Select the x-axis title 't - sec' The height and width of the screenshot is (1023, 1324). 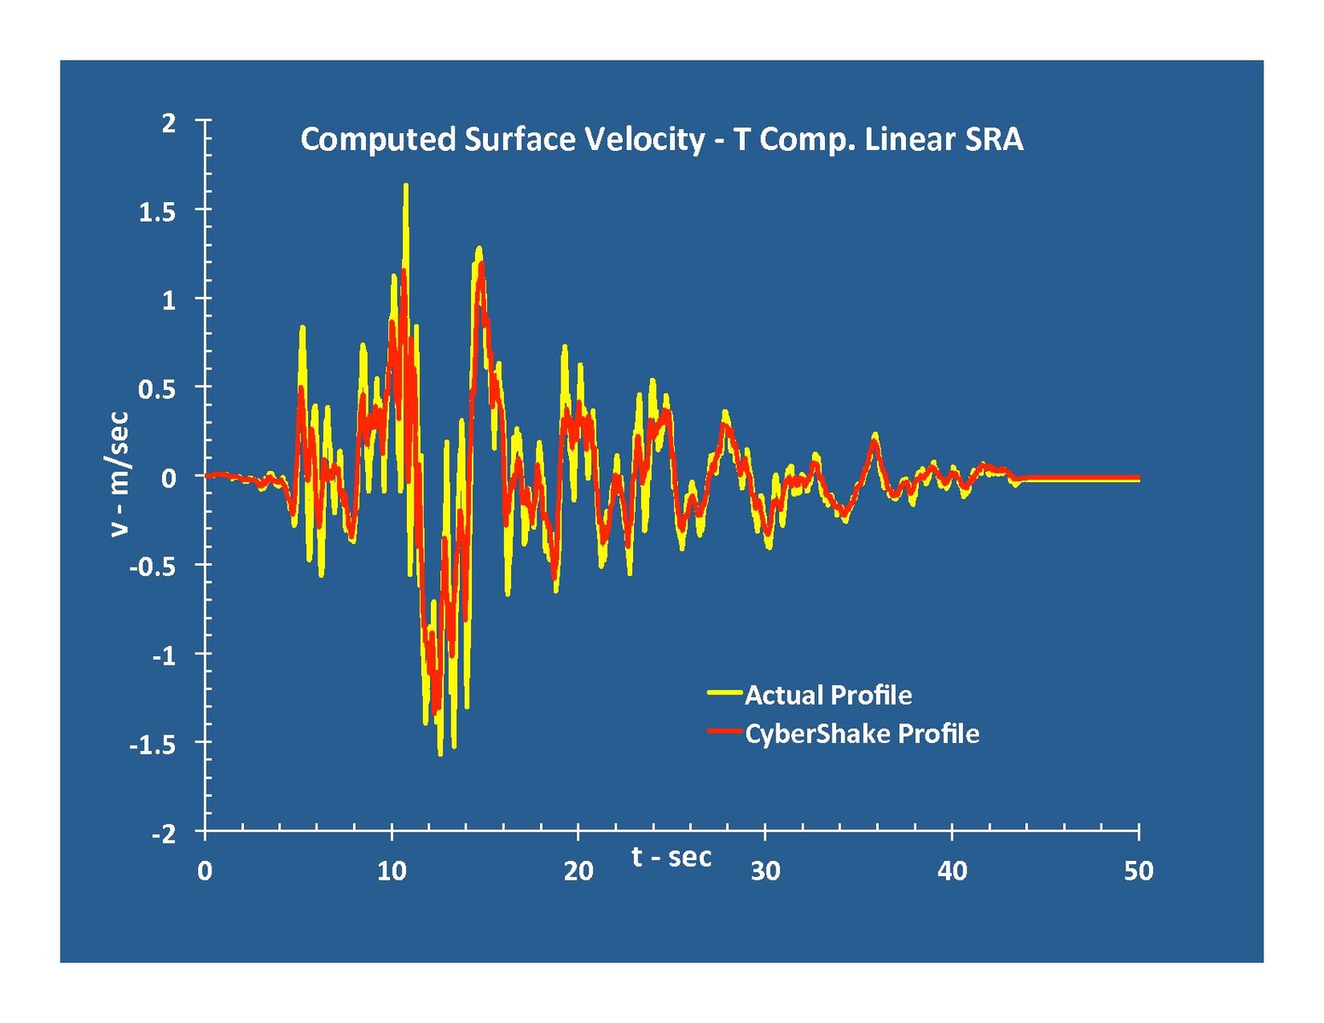click(671, 856)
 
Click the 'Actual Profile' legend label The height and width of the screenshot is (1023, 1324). click(827, 695)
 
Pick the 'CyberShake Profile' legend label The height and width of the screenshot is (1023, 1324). click(862, 734)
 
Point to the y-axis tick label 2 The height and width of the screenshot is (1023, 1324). click(169, 123)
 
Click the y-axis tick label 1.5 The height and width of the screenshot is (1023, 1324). click(157, 212)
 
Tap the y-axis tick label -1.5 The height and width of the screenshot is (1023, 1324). click(153, 745)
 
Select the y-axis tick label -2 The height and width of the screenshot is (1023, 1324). click(164, 834)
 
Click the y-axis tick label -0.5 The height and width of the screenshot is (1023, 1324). click(153, 567)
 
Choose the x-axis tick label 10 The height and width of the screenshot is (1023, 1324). click(392, 871)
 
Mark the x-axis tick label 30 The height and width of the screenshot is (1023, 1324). click(765, 871)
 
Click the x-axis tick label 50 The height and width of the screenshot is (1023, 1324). click(1139, 871)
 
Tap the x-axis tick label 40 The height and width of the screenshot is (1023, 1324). click(952, 871)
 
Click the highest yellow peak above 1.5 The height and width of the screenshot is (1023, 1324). click(405, 185)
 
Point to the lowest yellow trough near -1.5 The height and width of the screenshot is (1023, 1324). click(440, 753)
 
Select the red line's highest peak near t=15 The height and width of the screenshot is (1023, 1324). click(482, 264)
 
